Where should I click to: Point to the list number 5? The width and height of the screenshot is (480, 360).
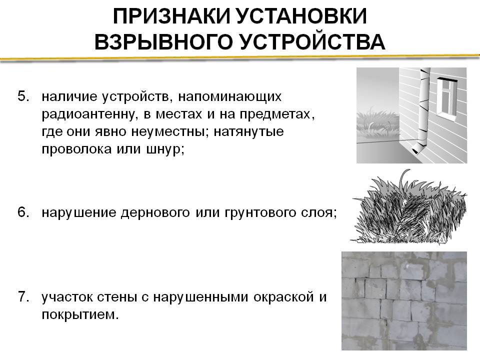(x=24, y=96)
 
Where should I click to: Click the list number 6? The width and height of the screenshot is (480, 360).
(x=24, y=212)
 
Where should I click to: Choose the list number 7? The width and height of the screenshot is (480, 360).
(x=24, y=297)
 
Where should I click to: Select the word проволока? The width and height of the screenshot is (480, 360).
(x=76, y=149)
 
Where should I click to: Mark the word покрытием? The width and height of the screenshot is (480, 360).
(x=80, y=315)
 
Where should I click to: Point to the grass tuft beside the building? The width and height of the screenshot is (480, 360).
(x=378, y=123)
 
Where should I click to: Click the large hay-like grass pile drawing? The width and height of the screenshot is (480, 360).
(x=409, y=207)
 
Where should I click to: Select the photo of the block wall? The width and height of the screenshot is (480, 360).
(x=404, y=300)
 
